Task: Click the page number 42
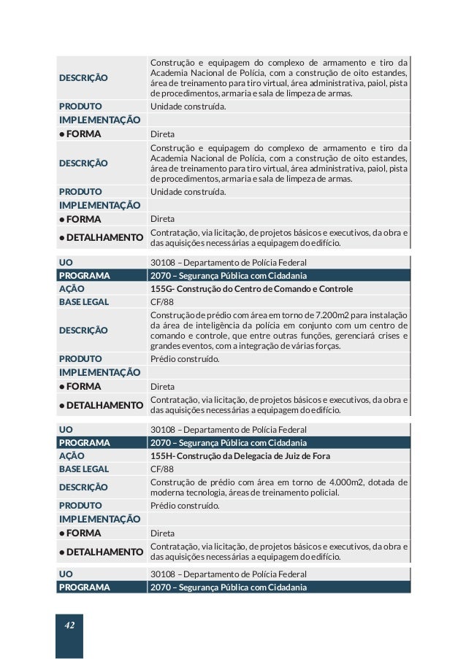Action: pos(69,625)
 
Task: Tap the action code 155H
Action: pos(162,456)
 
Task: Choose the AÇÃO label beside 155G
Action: pos(72,289)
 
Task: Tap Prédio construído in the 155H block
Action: pos(184,505)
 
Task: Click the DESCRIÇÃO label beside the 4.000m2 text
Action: pos(83,487)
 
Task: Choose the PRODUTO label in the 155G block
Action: pos(80,359)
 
